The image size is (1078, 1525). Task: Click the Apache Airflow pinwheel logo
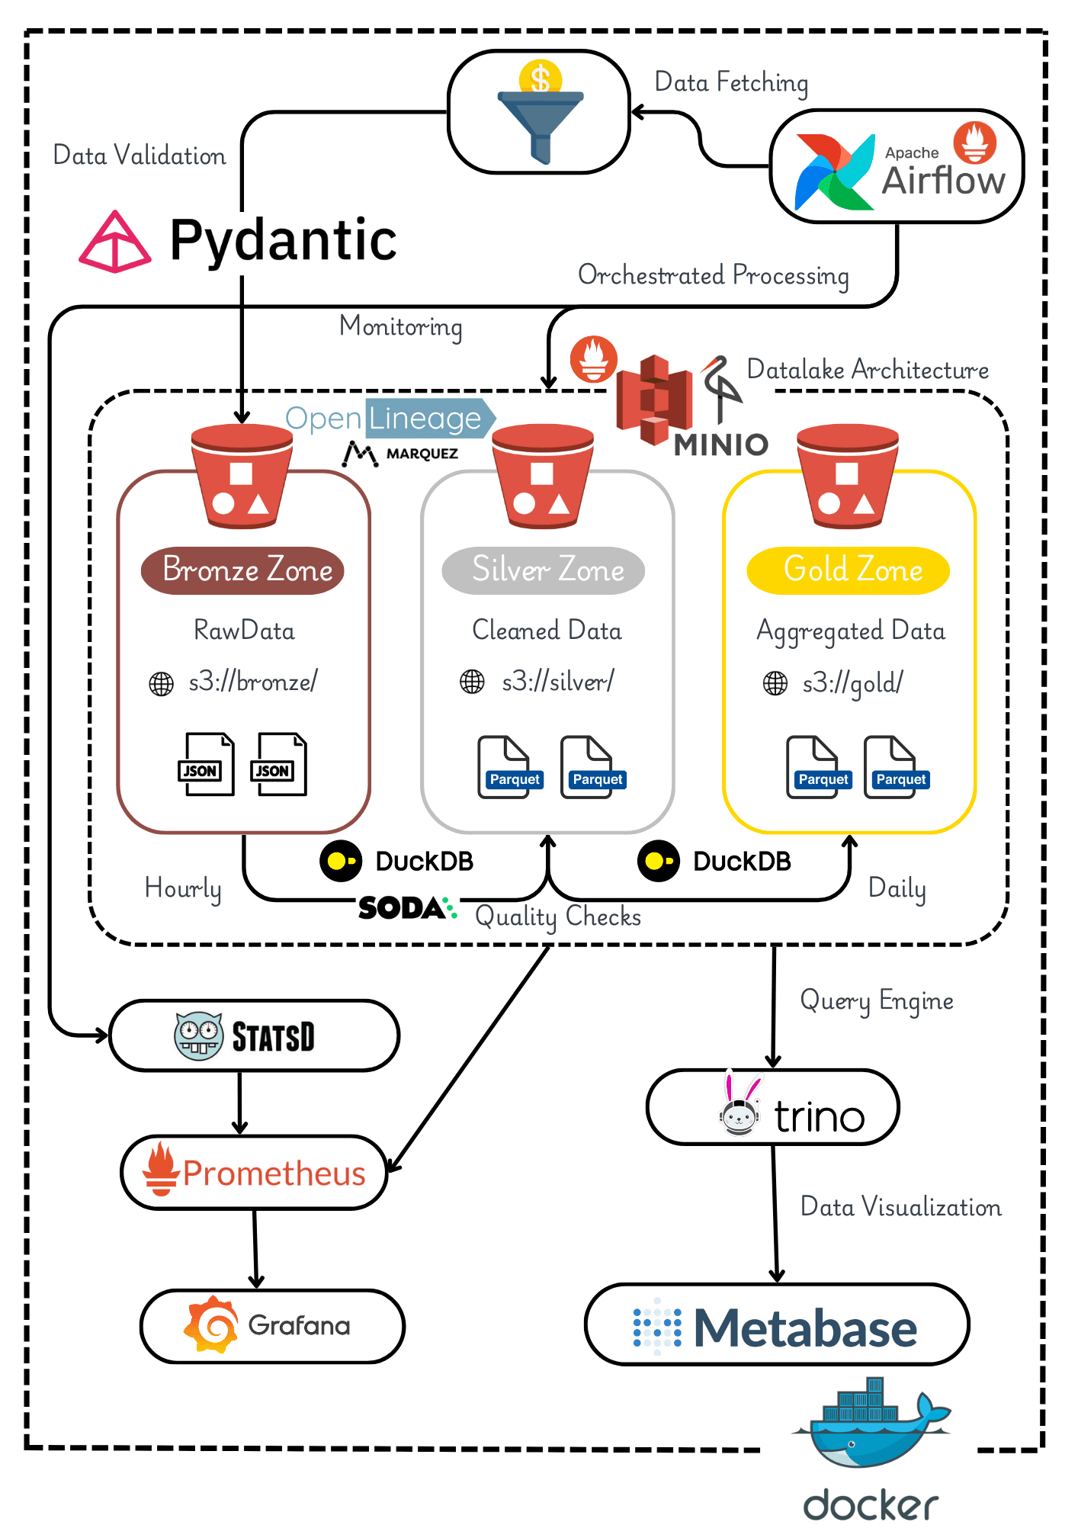tap(834, 172)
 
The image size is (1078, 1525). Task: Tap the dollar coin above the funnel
tap(540, 78)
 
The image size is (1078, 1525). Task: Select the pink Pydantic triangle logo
tap(114, 242)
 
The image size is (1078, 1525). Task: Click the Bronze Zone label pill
tap(242, 570)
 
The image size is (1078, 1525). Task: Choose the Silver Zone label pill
tap(544, 570)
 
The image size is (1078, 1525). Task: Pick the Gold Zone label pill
tap(848, 570)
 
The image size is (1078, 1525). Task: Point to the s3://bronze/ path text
tap(252, 682)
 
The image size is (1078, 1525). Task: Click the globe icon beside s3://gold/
tap(775, 683)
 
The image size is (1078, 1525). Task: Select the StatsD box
tap(254, 1035)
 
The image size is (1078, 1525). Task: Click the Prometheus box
tap(254, 1173)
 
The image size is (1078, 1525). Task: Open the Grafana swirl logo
tap(211, 1325)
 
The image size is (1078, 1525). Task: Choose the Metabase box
tap(776, 1325)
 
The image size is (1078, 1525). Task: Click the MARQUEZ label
tap(422, 454)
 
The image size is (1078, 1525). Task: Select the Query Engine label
tap(877, 1000)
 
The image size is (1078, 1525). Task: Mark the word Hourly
tap(183, 889)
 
